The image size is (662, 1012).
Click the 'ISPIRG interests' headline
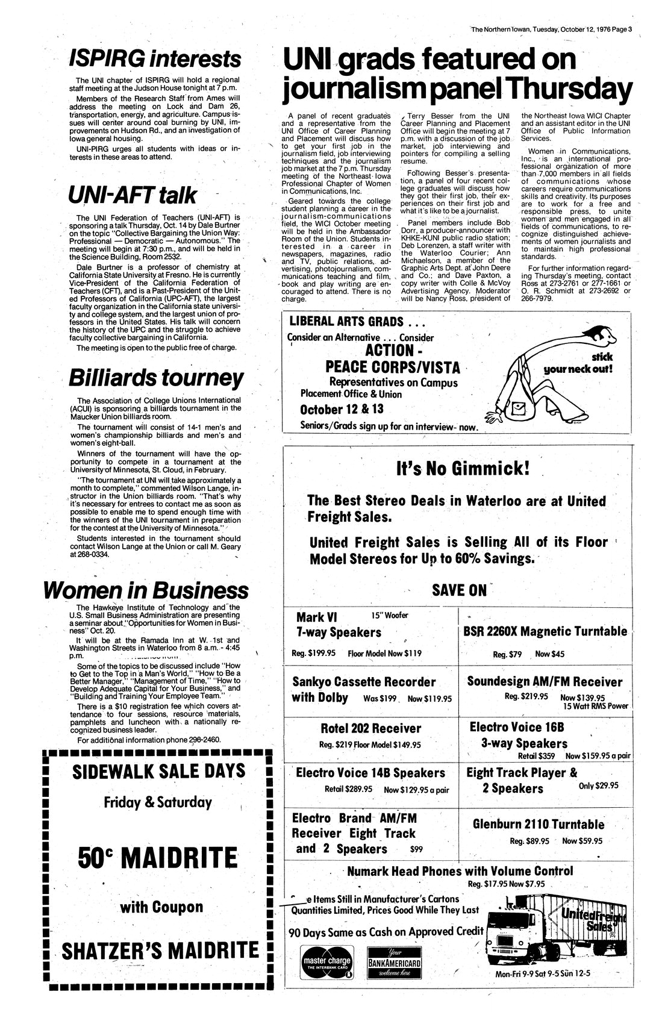click(155, 58)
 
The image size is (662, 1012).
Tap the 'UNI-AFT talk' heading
click(132, 195)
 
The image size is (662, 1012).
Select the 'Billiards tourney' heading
click(156, 378)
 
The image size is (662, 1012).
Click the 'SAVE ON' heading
click(460, 589)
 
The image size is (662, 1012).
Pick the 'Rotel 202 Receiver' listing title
click(371, 728)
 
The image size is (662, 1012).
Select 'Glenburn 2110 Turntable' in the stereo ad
click(539, 824)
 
